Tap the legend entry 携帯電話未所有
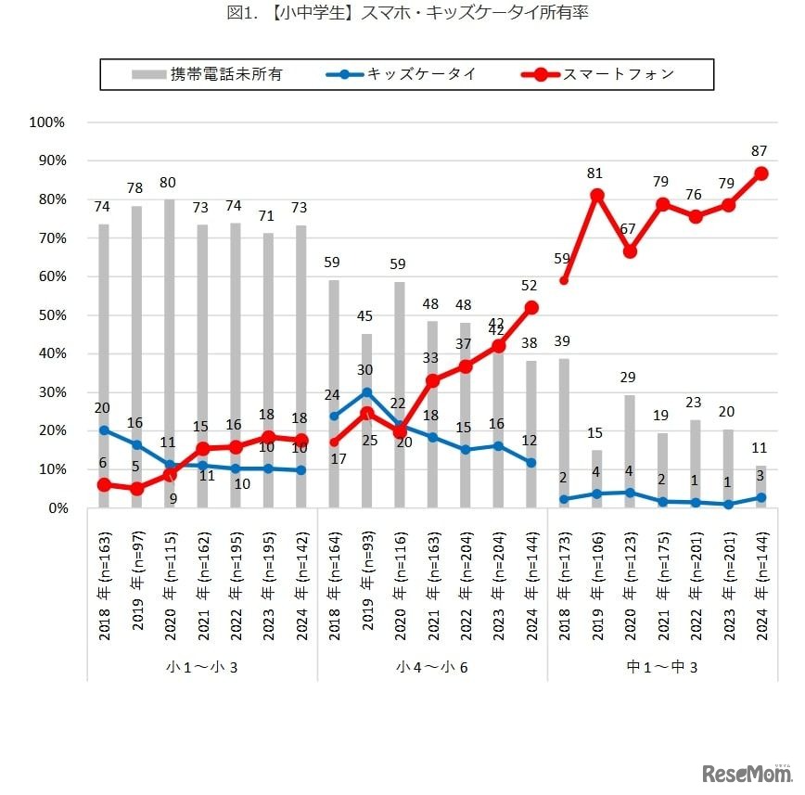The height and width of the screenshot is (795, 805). [226, 74]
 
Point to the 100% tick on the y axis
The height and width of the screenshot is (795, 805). [47, 122]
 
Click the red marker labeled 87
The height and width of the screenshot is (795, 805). [761, 173]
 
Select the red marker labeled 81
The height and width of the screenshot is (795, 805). [597, 195]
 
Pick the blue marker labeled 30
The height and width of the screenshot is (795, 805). [367, 392]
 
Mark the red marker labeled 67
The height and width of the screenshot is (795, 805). [630, 251]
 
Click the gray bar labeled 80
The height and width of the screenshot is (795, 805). [170, 353]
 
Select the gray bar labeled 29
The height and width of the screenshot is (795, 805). [630, 452]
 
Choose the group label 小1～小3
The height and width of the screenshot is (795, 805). [202, 666]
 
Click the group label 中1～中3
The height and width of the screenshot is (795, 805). [663, 666]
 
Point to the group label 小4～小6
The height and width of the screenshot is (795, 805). [433, 666]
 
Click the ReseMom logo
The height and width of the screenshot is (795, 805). [747, 773]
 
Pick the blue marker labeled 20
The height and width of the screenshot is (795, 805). [104, 430]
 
